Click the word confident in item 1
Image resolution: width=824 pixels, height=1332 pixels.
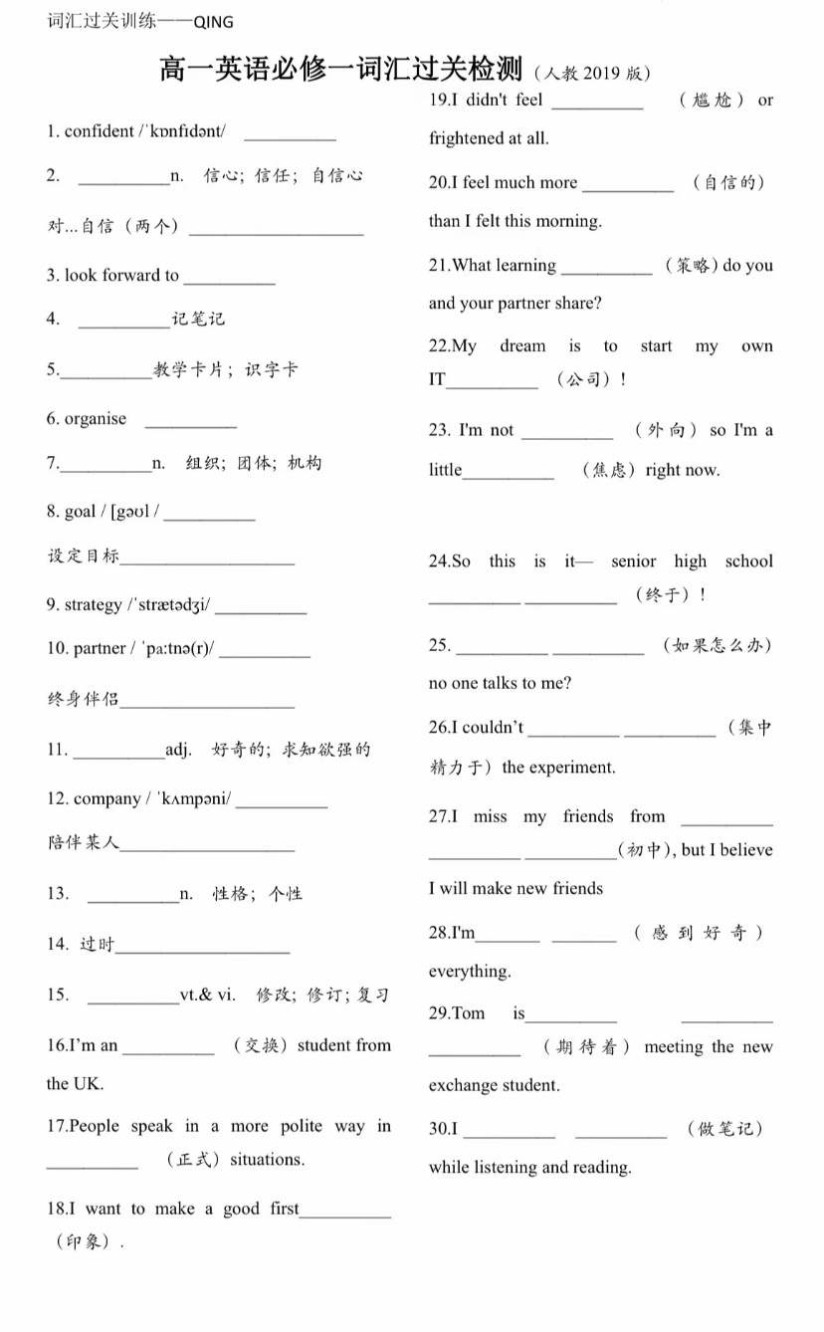(x=99, y=131)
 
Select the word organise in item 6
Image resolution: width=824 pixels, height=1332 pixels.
(x=96, y=419)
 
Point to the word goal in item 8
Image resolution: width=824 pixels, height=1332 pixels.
(x=80, y=512)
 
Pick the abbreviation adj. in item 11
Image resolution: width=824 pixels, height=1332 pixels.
(x=179, y=750)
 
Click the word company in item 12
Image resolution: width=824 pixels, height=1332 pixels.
(x=107, y=799)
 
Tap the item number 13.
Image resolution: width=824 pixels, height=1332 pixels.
(x=58, y=894)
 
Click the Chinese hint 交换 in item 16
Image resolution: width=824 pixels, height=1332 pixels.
(x=261, y=1045)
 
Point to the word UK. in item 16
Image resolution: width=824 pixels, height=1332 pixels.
(x=89, y=1084)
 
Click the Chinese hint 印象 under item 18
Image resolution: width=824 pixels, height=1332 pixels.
(x=86, y=1242)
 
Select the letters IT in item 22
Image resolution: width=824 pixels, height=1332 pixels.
(x=437, y=379)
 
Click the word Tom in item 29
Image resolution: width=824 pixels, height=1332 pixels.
(x=469, y=1013)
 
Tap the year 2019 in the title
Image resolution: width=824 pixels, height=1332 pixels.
(x=602, y=74)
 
